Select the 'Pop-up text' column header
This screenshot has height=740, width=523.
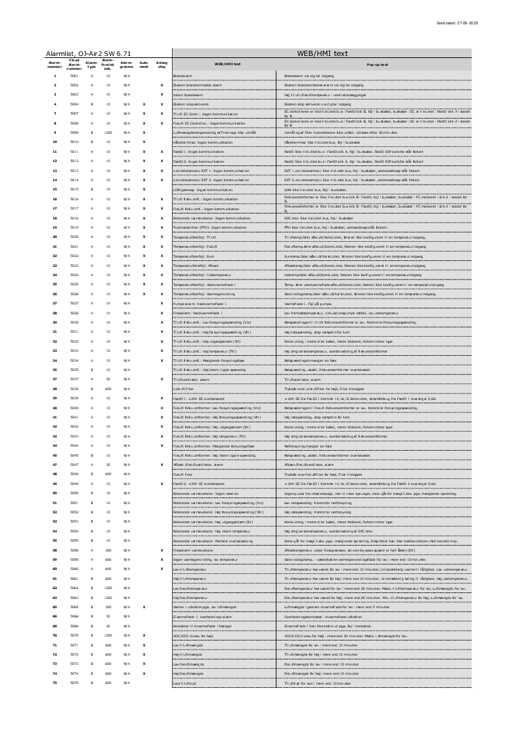(x=377, y=65)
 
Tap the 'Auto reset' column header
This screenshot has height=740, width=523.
(x=144, y=65)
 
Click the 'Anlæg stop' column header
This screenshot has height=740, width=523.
(x=161, y=65)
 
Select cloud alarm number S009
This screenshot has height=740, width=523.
(x=74, y=132)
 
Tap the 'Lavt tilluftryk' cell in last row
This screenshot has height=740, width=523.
(x=184, y=683)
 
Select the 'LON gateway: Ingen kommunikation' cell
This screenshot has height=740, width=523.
(x=203, y=189)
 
